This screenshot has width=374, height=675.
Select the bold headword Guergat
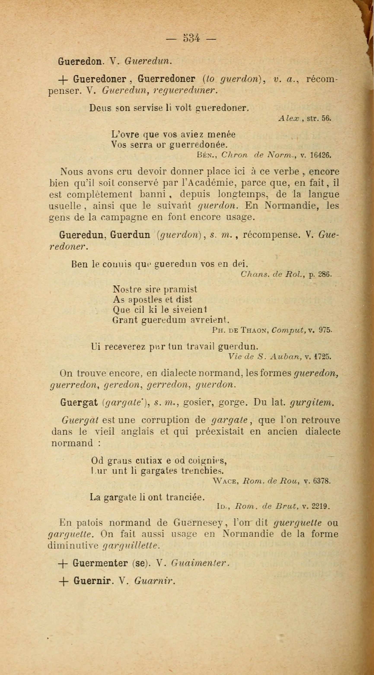coord(79,402)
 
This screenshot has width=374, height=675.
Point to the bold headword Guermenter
coord(100,563)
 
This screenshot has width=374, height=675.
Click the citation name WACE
coord(225,481)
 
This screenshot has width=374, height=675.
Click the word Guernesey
coord(198,523)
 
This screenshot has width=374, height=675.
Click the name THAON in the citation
coord(254,330)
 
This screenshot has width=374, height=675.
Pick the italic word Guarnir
coord(154,581)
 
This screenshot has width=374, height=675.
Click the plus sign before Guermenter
coord(63,563)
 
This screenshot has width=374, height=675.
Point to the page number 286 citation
coord(325,274)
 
